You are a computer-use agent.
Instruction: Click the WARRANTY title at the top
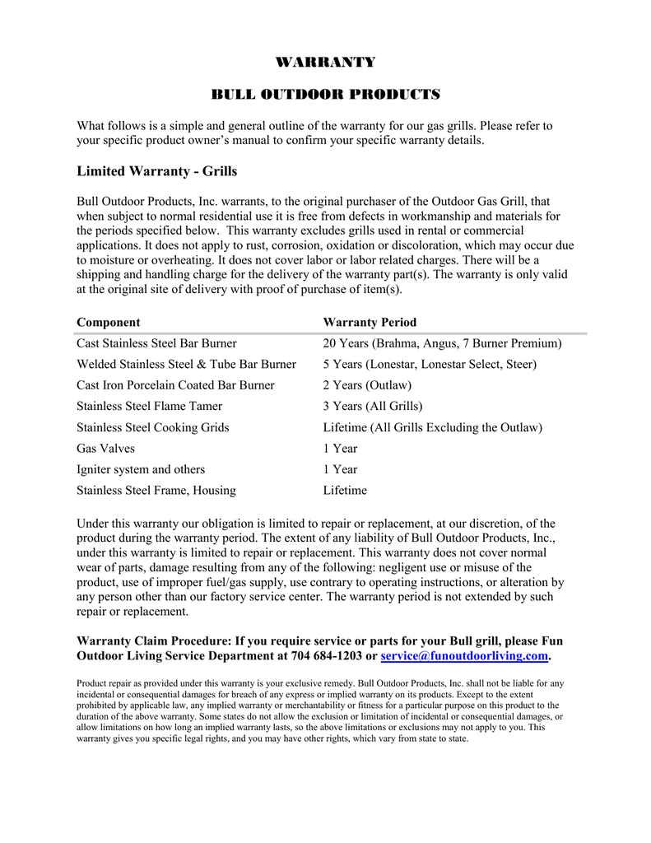click(325, 63)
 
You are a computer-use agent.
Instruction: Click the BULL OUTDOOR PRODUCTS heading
click(325, 95)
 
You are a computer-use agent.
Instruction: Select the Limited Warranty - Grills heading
click(156, 171)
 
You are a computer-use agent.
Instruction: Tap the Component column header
click(108, 322)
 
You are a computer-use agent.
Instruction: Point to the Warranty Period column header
click(370, 322)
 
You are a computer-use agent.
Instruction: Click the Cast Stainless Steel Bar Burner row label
click(156, 343)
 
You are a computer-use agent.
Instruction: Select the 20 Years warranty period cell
click(442, 343)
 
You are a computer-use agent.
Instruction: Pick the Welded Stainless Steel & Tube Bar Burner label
click(186, 364)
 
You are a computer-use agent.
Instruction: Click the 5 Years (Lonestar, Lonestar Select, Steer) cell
click(430, 364)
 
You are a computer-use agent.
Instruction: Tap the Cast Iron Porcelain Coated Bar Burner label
click(175, 385)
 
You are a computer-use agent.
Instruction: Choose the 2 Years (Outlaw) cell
click(367, 385)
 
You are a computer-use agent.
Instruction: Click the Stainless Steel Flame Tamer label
click(149, 406)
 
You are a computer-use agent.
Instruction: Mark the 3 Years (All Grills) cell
click(372, 406)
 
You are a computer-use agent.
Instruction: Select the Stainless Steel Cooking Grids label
click(152, 427)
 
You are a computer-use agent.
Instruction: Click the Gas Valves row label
click(105, 449)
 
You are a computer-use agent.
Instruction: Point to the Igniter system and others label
click(141, 469)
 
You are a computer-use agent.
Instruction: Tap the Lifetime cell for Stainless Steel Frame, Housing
click(345, 491)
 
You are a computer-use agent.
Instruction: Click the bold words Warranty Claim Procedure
click(153, 640)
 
